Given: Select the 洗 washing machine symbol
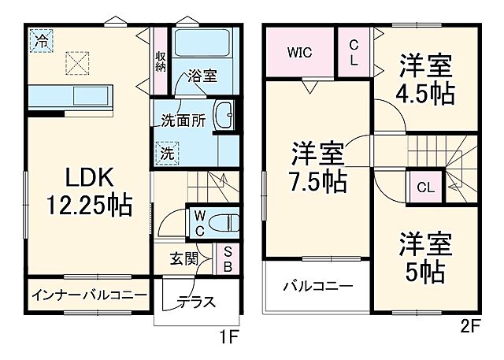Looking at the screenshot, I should click(169, 153).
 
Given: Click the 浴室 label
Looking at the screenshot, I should click(202, 76).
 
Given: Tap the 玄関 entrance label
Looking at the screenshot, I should click(187, 258).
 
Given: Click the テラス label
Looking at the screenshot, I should click(196, 301).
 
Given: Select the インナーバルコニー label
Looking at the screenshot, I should click(88, 295).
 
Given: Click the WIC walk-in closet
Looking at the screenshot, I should click(299, 53).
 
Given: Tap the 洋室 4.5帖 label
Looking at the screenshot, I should click(426, 79).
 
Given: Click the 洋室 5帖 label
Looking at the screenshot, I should click(425, 258).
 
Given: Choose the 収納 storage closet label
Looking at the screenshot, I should click(161, 61).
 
